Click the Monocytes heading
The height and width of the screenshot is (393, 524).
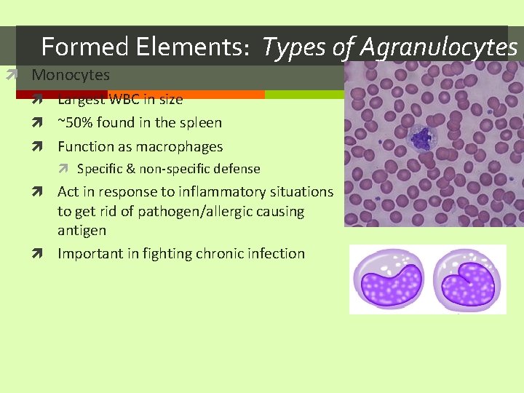71,75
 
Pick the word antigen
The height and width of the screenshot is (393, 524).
82,231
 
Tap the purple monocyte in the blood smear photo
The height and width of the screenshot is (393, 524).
421,137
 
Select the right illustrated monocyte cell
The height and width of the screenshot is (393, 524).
469,279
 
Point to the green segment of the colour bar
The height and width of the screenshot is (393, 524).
302,95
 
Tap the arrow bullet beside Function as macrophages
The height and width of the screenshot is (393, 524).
45,147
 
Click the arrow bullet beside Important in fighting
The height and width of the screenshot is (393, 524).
45,254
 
